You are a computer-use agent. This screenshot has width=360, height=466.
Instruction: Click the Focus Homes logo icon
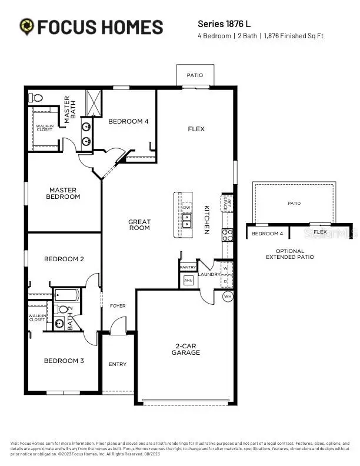click(x=26, y=26)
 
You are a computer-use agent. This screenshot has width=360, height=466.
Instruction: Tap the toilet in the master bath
click(x=36, y=97)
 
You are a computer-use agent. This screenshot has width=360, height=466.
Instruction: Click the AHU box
click(x=188, y=281)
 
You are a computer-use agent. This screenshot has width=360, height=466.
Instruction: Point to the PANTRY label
click(x=188, y=267)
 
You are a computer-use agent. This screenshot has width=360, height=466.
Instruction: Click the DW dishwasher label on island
click(x=186, y=208)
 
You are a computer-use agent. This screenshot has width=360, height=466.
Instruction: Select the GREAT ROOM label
click(x=139, y=225)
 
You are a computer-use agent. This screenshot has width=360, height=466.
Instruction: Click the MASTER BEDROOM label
click(x=64, y=193)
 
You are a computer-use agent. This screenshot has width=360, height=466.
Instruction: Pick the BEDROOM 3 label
click(x=64, y=361)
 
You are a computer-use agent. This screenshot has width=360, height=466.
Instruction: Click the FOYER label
click(x=118, y=306)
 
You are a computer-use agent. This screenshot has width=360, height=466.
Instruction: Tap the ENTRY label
click(x=118, y=364)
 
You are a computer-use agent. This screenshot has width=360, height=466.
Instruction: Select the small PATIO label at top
click(x=195, y=75)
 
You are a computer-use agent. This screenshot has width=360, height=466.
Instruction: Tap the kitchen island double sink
click(x=186, y=221)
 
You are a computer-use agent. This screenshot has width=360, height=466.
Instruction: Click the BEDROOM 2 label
click(x=64, y=259)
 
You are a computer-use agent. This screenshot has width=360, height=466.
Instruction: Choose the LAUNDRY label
click(x=209, y=274)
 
